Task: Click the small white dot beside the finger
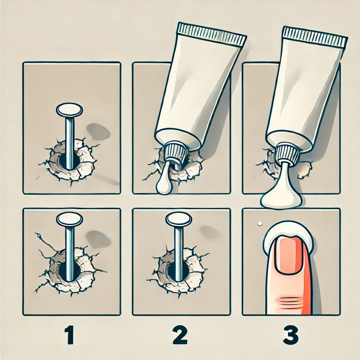259,223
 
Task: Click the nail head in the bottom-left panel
69,219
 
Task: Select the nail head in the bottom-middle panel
179,219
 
